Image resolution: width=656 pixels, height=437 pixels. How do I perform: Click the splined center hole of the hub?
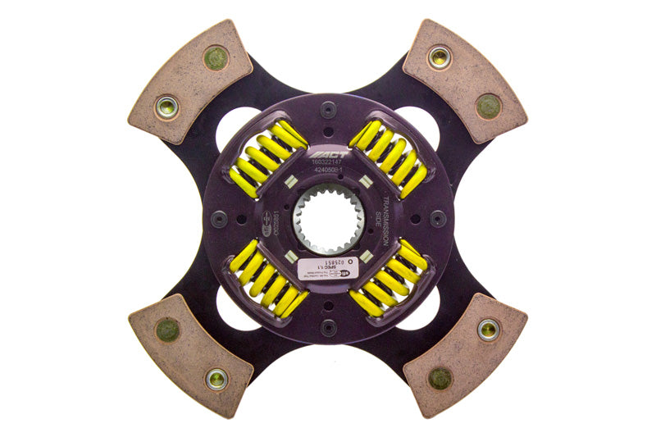[x=328, y=219]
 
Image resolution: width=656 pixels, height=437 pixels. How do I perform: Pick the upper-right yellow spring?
[x=389, y=157]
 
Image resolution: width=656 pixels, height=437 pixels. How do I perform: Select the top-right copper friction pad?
[x=465, y=80]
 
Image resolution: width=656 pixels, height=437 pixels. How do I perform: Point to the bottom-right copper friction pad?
[x=465, y=354]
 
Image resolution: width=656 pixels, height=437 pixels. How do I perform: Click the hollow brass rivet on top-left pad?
[x=167, y=107]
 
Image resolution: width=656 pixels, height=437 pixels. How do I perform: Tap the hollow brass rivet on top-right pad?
[x=440, y=57]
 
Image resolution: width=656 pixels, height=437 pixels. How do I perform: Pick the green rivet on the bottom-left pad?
[x=167, y=330]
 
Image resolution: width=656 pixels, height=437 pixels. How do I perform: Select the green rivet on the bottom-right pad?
[x=440, y=378]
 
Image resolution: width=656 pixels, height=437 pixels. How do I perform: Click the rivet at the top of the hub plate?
[x=329, y=109]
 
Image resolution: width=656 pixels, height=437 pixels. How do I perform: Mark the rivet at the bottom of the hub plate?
[x=329, y=328]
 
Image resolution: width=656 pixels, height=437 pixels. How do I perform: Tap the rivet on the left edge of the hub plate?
[x=218, y=219]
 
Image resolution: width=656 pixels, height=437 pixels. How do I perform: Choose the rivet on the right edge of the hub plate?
[x=439, y=219]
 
